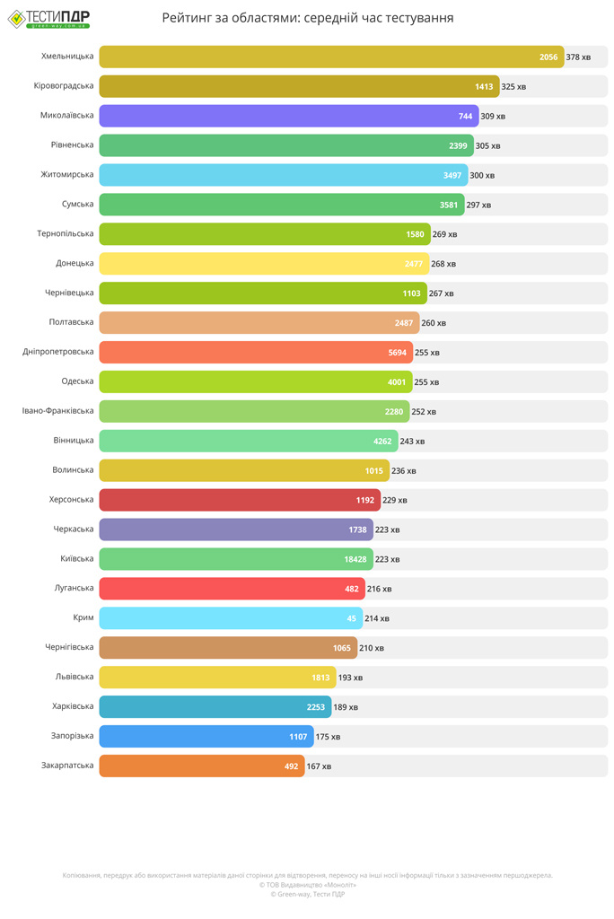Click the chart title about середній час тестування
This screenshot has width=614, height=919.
[307, 18]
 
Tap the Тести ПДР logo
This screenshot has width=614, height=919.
[49, 18]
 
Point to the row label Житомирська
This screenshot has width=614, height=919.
[67, 175]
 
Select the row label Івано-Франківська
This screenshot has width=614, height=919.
[58, 411]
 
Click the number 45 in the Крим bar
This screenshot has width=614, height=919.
[351, 618]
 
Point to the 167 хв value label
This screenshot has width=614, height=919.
[319, 766]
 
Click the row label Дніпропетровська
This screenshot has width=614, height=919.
[58, 353]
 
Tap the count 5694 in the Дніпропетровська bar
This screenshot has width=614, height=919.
[398, 353]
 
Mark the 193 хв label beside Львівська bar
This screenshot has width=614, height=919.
[350, 678]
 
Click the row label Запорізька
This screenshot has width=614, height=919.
[67, 737]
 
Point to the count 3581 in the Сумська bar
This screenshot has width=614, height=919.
[449, 205]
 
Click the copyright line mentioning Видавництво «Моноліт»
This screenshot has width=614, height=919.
[307, 884]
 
